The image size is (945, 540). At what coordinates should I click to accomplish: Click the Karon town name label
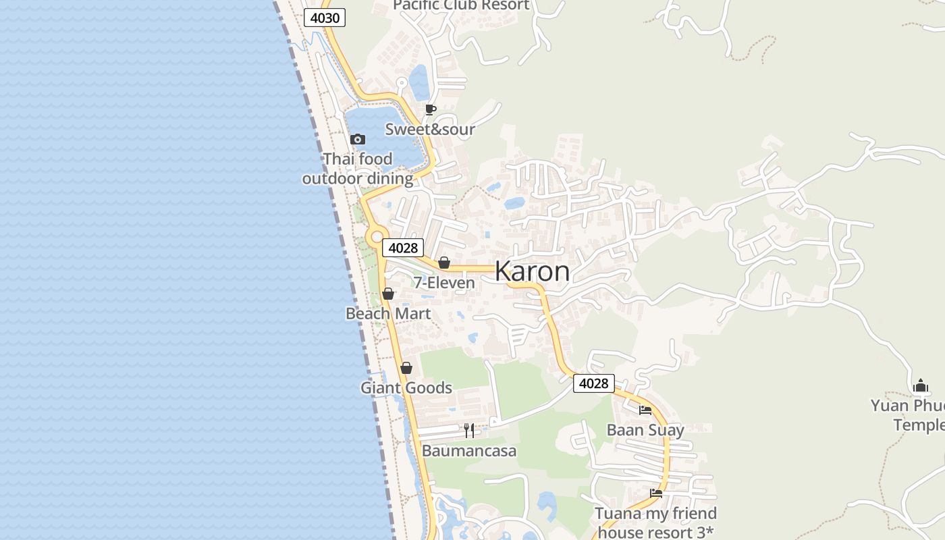click(x=532, y=271)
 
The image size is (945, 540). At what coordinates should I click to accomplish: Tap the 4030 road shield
click(x=325, y=18)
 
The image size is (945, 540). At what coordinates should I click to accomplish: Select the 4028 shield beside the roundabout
click(x=403, y=248)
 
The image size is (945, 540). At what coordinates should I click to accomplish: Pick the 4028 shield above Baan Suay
click(x=594, y=383)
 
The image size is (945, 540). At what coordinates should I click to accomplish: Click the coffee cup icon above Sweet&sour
click(x=431, y=109)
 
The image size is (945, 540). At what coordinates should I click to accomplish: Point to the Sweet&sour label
click(x=430, y=129)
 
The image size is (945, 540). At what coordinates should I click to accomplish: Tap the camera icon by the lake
click(x=358, y=140)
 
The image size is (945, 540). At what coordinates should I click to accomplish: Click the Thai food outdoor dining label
click(x=358, y=169)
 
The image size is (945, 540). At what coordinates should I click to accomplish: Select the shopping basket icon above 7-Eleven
click(x=444, y=263)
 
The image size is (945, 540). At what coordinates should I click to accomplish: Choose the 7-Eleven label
click(x=444, y=283)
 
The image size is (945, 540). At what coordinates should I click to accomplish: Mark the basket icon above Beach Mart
click(x=388, y=294)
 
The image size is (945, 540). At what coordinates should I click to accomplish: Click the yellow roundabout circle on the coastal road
click(x=375, y=236)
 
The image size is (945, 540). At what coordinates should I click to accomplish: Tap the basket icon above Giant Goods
click(x=406, y=368)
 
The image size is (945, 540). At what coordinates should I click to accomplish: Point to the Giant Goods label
click(x=406, y=387)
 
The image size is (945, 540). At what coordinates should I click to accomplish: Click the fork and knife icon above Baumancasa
click(x=469, y=430)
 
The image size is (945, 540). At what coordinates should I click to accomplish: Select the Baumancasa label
click(x=469, y=450)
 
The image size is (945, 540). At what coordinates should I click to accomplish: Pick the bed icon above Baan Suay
click(x=645, y=410)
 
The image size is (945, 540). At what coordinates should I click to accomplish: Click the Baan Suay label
click(x=645, y=430)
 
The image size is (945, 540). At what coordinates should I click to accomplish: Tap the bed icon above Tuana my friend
click(x=656, y=493)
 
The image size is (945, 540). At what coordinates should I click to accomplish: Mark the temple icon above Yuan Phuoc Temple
click(x=921, y=386)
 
